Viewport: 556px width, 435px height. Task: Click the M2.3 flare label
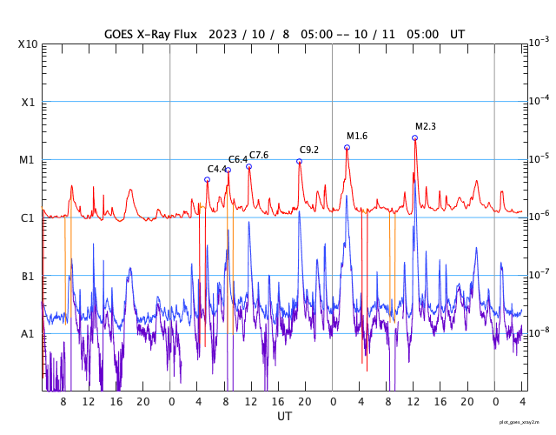[x=426, y=127]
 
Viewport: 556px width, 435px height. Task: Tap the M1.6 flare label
[x=357, y=137]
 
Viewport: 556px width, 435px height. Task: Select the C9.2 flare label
[x=309, y=151]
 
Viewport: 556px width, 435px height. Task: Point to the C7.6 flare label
[x=259, y=156]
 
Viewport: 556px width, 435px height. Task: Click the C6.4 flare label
[x=238, y=160]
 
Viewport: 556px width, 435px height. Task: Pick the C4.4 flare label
[x=217, y=170]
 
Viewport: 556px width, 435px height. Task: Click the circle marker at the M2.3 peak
[x=414, y=137]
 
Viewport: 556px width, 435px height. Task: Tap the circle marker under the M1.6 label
[x=347, y=148]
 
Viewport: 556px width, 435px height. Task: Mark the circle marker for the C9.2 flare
[x=299, y=161]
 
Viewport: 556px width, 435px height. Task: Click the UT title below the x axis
[x=284, y=417]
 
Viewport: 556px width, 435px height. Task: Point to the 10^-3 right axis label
[x=539, y=42]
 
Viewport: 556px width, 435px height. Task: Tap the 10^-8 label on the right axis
[x=539, y=332]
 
